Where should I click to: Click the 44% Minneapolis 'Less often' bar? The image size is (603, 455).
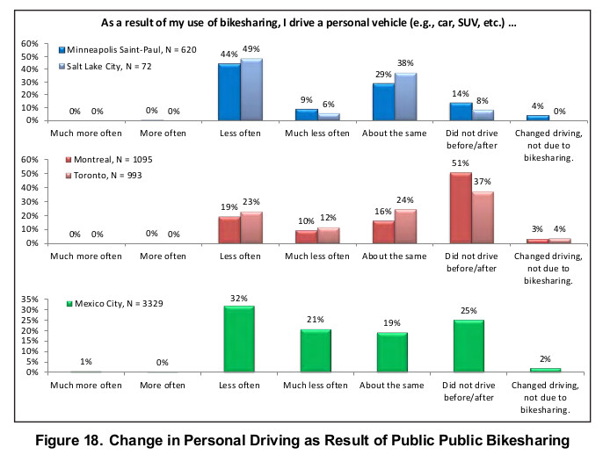click(229, 91)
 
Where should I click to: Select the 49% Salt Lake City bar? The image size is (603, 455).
click(252, 89)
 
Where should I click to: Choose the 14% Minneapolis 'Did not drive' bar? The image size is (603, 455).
click(461, 111)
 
